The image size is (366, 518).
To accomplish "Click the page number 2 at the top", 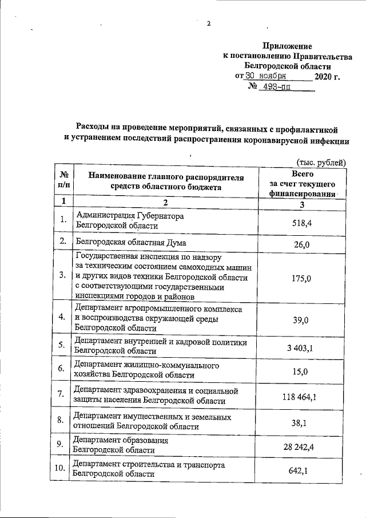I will tap(209, 23).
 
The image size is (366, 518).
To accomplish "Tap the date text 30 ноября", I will tap(266, 76).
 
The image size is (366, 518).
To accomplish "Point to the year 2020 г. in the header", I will tap(327, 76).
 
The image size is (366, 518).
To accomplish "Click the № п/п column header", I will tap(63, 181).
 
